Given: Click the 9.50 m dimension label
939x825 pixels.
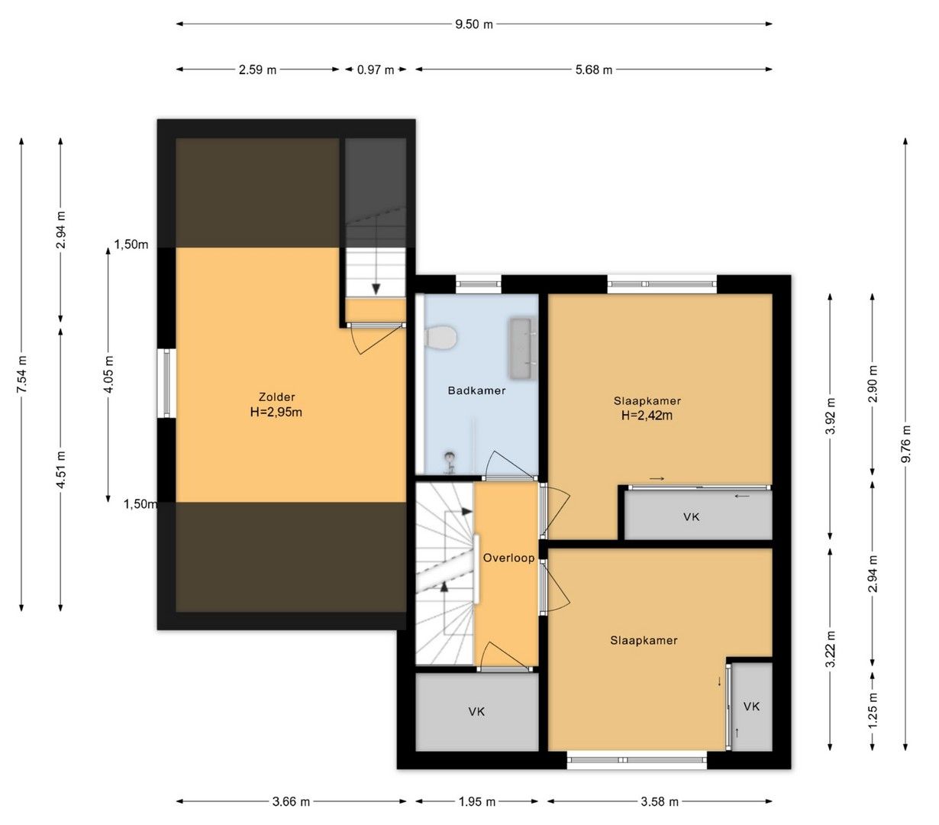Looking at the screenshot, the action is [473, 24].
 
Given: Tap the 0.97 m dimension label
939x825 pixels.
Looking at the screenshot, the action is [376, 70].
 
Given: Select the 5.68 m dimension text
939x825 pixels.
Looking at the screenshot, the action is [594, 70].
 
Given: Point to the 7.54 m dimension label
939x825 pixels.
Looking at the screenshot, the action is [22, 374].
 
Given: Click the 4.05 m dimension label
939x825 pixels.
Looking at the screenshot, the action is [108, 374].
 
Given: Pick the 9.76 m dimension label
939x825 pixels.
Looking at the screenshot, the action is [905, 444].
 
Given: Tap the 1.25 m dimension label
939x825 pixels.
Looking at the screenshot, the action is [873, 710].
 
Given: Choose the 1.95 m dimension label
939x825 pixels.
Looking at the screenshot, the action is [477, 801].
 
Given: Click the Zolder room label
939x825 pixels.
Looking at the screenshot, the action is [276, 397].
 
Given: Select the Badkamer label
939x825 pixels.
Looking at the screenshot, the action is [476, 390].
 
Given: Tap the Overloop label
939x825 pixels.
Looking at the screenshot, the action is [509, 558].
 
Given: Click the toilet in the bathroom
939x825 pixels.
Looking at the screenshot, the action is [440, 337].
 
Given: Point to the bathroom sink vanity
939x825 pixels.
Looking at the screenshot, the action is [524, 348].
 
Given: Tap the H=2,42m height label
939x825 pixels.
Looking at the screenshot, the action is [647, 416].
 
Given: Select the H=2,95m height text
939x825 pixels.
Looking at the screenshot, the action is [276, 412].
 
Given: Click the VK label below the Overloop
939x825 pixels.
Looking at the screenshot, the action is [476, 711].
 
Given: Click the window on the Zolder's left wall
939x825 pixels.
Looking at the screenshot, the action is [166, 383].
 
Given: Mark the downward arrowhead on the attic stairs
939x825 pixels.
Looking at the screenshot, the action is [376, 289].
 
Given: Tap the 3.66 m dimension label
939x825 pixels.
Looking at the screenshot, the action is [291, 801].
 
